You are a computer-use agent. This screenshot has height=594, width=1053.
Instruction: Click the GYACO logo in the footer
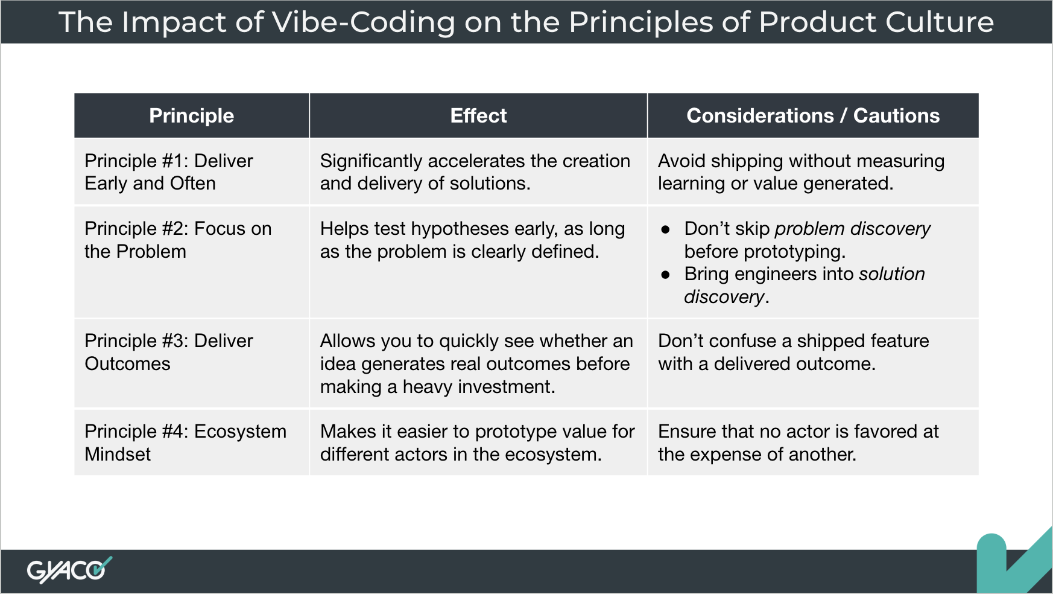click(69, 570)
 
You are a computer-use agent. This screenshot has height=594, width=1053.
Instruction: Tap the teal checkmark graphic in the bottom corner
click(1014, 561)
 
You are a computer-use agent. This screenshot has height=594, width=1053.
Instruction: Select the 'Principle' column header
click(192, 115)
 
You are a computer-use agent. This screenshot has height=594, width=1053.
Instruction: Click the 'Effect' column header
click(478, 115)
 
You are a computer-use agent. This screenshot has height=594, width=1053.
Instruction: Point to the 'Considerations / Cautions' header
click(813, 115)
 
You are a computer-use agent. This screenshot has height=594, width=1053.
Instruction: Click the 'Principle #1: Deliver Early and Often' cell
click(169, 172)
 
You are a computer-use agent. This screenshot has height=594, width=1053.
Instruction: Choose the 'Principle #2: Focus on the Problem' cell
click(178, 240)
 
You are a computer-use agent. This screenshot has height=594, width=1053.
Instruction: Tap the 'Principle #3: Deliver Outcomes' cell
click(169, 352)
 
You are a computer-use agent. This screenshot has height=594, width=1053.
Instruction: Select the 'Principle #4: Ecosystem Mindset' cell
click(185, 442)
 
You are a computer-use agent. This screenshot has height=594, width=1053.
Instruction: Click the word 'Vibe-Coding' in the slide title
click(364, 22)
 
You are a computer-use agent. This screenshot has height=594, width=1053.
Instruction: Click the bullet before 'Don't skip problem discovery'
click(665, 229)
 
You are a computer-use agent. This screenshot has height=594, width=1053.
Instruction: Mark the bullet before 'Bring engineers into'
click(665, 275)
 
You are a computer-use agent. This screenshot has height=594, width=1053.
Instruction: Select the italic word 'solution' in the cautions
click(892, 274)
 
